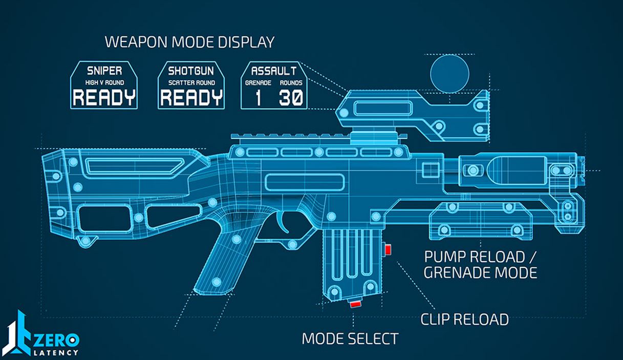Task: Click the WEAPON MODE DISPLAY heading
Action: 189,42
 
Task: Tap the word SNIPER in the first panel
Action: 104,70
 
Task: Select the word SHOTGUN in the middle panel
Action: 191,70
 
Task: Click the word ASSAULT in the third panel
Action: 274,70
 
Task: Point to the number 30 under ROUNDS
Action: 291,97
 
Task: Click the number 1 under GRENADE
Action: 258,97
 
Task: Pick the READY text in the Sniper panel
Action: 104,97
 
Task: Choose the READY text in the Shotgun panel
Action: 191,97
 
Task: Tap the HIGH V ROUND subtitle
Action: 104,82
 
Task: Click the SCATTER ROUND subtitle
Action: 191,82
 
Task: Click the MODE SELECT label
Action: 350,338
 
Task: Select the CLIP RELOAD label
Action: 464,320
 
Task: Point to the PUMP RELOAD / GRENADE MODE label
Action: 480,264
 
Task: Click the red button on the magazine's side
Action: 388,249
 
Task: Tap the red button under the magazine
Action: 354,304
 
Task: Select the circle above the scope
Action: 449,73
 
